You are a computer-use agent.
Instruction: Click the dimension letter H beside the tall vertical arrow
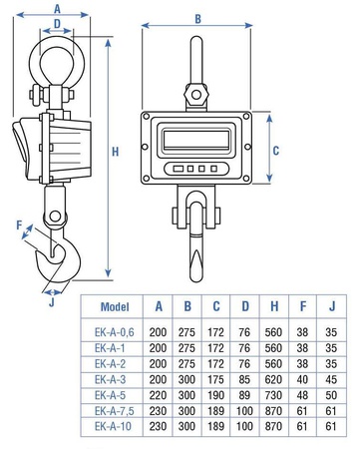115,152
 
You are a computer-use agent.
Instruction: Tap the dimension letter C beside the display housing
276,151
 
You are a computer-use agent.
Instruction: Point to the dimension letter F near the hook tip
19,225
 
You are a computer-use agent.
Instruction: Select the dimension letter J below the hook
52,302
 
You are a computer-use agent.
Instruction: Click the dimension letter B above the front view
197,19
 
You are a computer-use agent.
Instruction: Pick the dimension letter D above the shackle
57,24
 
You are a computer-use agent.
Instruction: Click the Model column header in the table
115,306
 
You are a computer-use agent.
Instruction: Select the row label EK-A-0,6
115,332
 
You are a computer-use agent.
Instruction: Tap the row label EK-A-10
113,426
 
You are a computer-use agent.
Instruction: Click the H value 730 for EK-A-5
273,395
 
